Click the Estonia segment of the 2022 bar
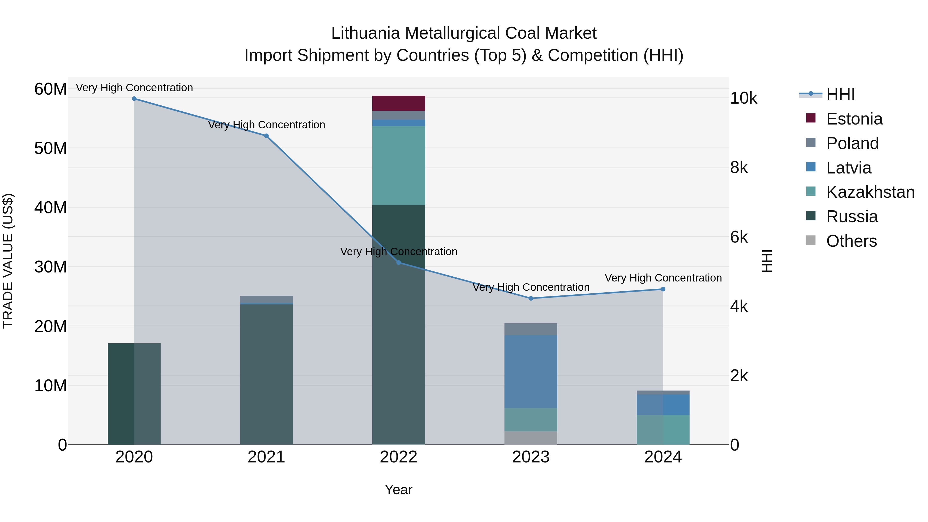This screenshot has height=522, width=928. (399, 103)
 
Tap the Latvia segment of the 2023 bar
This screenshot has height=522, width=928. (531, 371)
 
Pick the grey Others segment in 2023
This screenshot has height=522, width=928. (531, 438)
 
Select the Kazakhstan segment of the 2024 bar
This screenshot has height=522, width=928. (663, 429)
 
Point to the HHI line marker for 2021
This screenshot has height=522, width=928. (266, 136)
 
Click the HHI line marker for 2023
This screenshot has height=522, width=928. (531, 298)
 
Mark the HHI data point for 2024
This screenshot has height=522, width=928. (663, 289)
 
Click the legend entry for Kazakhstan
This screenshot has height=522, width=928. (870, 192)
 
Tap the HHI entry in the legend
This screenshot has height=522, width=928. (840, 94)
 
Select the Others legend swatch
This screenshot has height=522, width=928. (810, 240)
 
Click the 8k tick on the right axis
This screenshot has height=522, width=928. (739, 168)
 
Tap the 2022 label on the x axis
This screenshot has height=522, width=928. (399, 457)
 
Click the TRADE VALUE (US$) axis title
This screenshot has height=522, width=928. (8, 261)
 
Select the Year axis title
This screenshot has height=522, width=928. (399, 490)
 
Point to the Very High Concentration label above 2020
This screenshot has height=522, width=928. (134, 88)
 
